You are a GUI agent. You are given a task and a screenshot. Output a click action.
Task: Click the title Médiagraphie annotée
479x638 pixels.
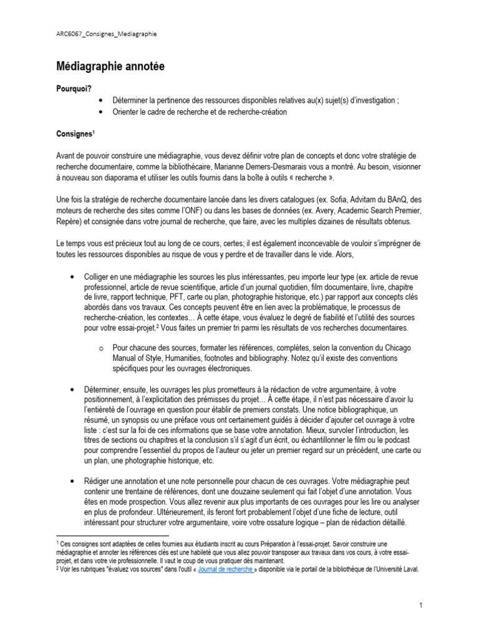coord(110,66)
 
